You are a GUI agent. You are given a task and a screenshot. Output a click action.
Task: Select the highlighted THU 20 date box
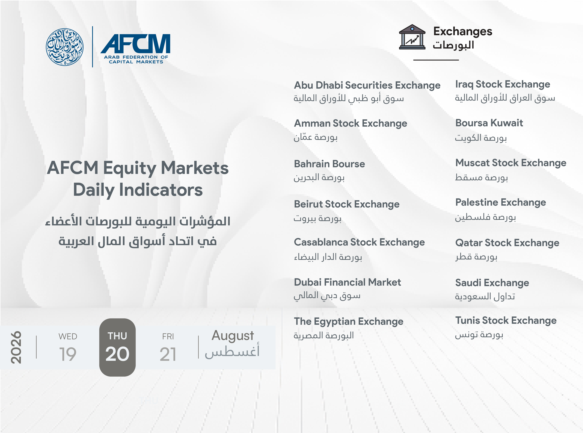coord(117,347)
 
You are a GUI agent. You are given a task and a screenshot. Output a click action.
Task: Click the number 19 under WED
coord(68,354)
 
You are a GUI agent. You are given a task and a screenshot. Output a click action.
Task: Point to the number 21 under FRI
coord(168,354)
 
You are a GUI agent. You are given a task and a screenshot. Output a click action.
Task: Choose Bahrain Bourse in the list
coord(329,164)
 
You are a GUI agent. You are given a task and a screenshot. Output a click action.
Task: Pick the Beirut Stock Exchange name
coord(347,204)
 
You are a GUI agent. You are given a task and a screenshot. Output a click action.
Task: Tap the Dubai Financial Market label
coord(347,282)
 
